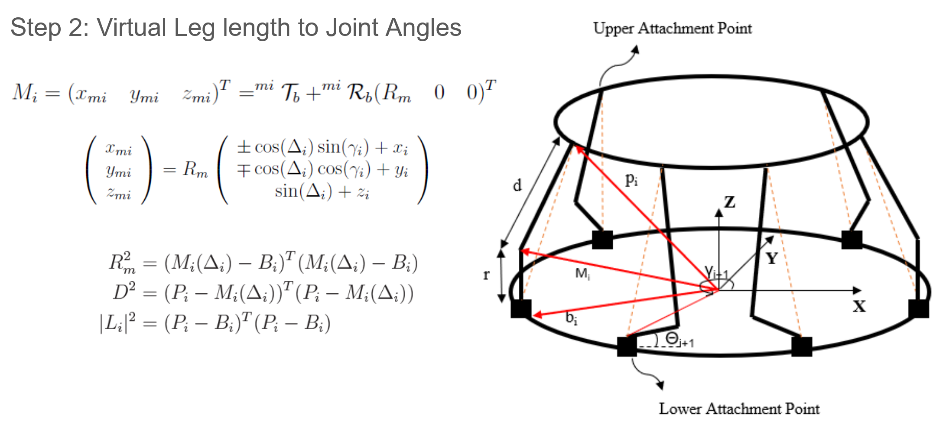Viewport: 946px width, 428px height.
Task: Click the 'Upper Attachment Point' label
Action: coord(673,29)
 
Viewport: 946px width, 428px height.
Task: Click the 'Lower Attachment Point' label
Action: coord(739,409)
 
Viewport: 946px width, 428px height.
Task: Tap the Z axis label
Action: coord(730,202)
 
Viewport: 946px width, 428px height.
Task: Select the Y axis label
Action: coord(771,259)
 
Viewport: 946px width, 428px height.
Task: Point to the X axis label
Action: coord(859,306)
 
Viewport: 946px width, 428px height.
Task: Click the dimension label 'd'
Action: coord(517,185)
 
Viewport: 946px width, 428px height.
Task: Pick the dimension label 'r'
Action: coord(487,274)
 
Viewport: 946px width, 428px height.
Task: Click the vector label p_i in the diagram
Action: coord(631,179)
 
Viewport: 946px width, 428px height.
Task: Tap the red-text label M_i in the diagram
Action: coord(582,274)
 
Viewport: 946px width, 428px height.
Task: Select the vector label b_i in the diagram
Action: coord(571,318)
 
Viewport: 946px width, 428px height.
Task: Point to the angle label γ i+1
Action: coord(716,272)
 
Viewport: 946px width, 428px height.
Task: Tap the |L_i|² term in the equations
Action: coord(117,322)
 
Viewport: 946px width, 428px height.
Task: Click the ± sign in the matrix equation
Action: coord(244,147)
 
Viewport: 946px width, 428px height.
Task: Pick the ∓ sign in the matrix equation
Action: coord(244,169)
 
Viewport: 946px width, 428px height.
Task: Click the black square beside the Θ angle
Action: coord(627,347)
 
